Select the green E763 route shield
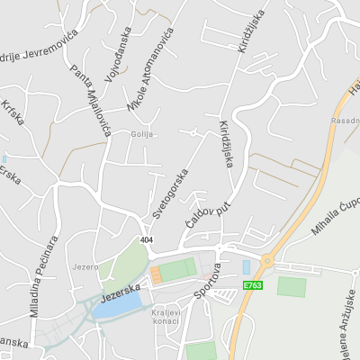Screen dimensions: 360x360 (x=253, y=286)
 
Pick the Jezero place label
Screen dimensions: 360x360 (x=85, y=267)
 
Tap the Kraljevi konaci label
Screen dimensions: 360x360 (x=166, y=317)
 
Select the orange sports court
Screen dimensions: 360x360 (x=155, y=274)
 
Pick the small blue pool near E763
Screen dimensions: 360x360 (x=247, y=267)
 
